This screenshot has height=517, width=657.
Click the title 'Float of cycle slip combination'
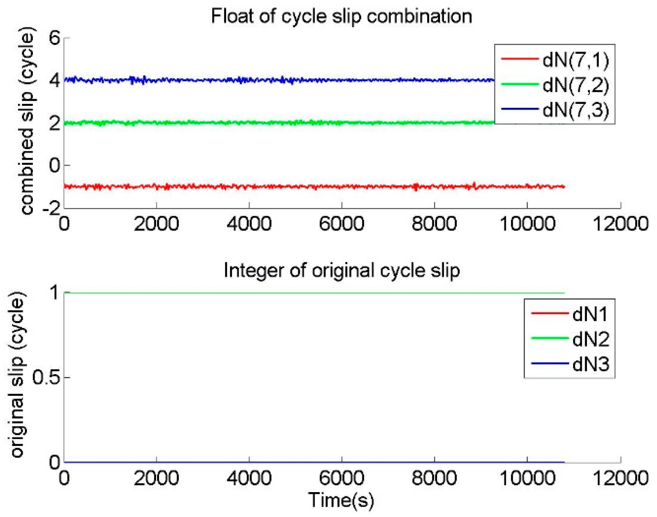pyautogui.click(x=341, y=17)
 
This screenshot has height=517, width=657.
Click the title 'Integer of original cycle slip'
pyautogui.click(x=341, y=270)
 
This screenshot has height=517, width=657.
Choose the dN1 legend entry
pyautogui.click(x=590, y=314)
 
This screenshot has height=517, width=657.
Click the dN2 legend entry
pyautogui.click(x=590, y=339)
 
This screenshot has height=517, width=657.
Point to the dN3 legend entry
pyautogui.click(x=590, y=364)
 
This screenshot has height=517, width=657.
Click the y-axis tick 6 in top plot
pyautogui.click(x=55, y=38)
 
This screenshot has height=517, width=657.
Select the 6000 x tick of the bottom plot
pyautogui.click(x=341, y=478)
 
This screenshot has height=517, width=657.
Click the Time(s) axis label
pyautogui.click(x=341, y=501)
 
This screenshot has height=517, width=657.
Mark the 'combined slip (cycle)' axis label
pyautogui.click(x=27, y=121)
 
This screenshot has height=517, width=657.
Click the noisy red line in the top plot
pyautogui.click(x=289, y=187)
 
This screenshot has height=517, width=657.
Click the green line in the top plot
pyautogui.click(x=289, y=123)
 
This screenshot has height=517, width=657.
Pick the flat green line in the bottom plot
pyautogui.click(x=289, y=293)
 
